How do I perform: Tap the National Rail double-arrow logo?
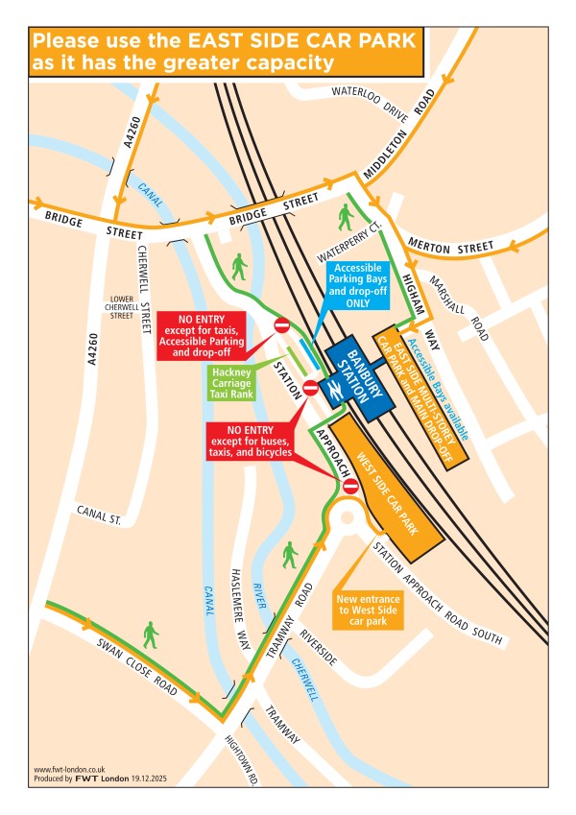335,391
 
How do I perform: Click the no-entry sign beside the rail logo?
310,388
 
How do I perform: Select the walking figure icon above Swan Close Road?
150,634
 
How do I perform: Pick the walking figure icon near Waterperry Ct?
346,216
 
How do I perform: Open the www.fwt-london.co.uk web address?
68,769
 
